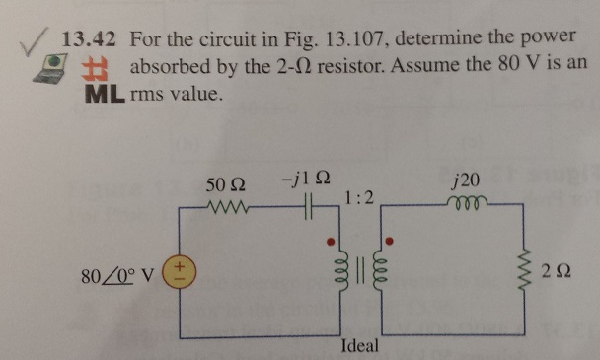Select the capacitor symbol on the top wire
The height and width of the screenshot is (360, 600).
pos(308,209)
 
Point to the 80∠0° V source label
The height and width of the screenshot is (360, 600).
pos(116,271)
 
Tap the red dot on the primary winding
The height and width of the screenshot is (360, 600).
pos(334,241)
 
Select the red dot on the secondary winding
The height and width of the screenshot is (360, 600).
pos(390,241)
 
